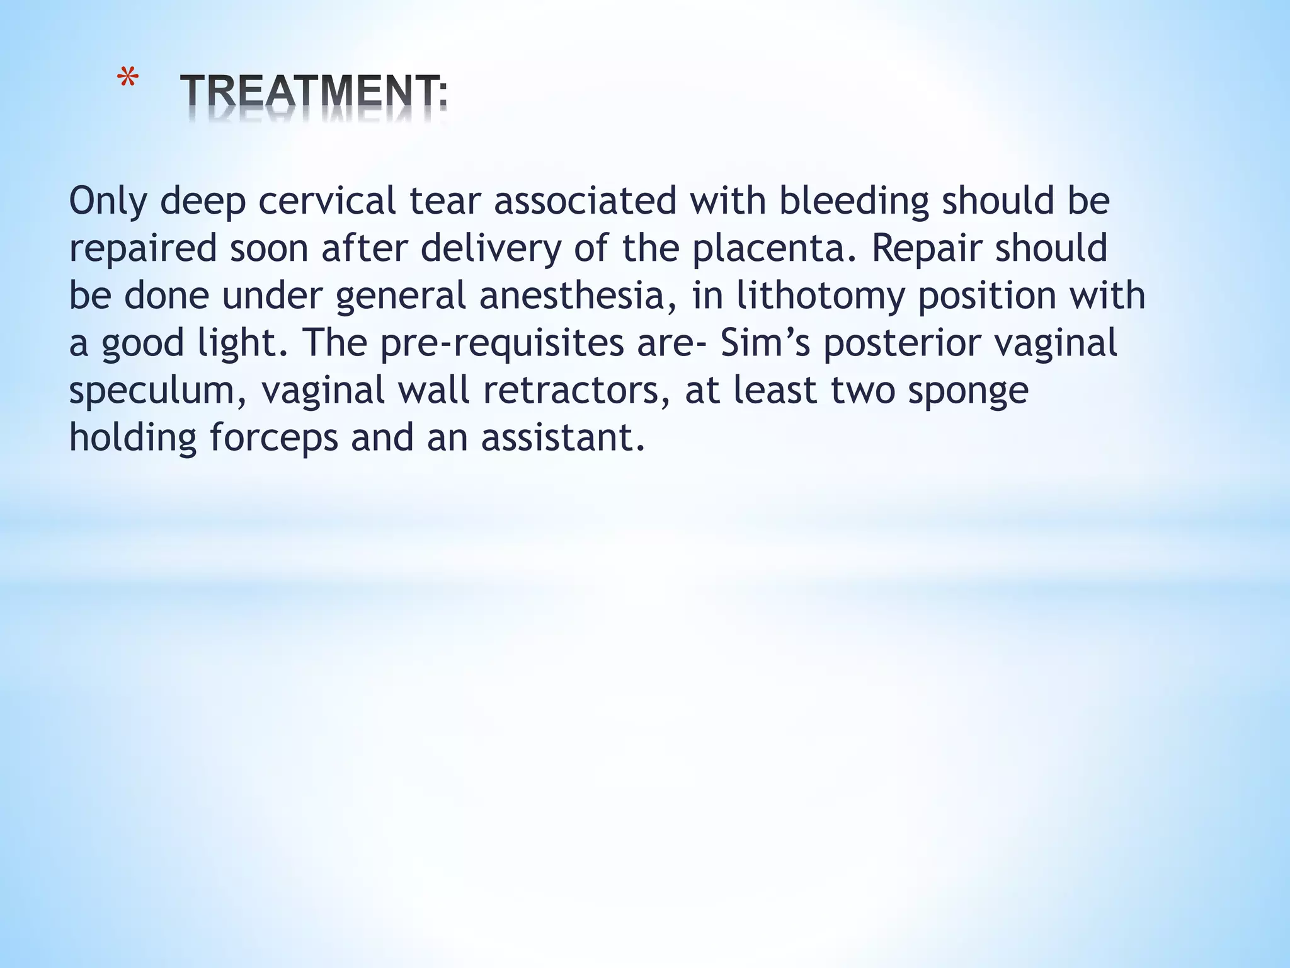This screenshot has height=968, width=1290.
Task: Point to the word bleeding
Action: [x=853, y=202]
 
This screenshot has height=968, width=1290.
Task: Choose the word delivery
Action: [x=491, y=249]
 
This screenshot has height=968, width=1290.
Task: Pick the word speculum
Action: [x=157, y=391]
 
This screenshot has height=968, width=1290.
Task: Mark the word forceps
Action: [x=274, y=438]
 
